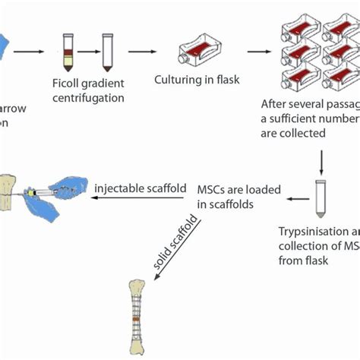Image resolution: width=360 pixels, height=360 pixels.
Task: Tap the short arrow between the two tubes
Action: pyautogui.click(x=88, y=54)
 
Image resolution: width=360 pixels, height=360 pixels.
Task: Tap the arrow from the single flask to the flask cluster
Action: pyautogui.click(x=257, y=53)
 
